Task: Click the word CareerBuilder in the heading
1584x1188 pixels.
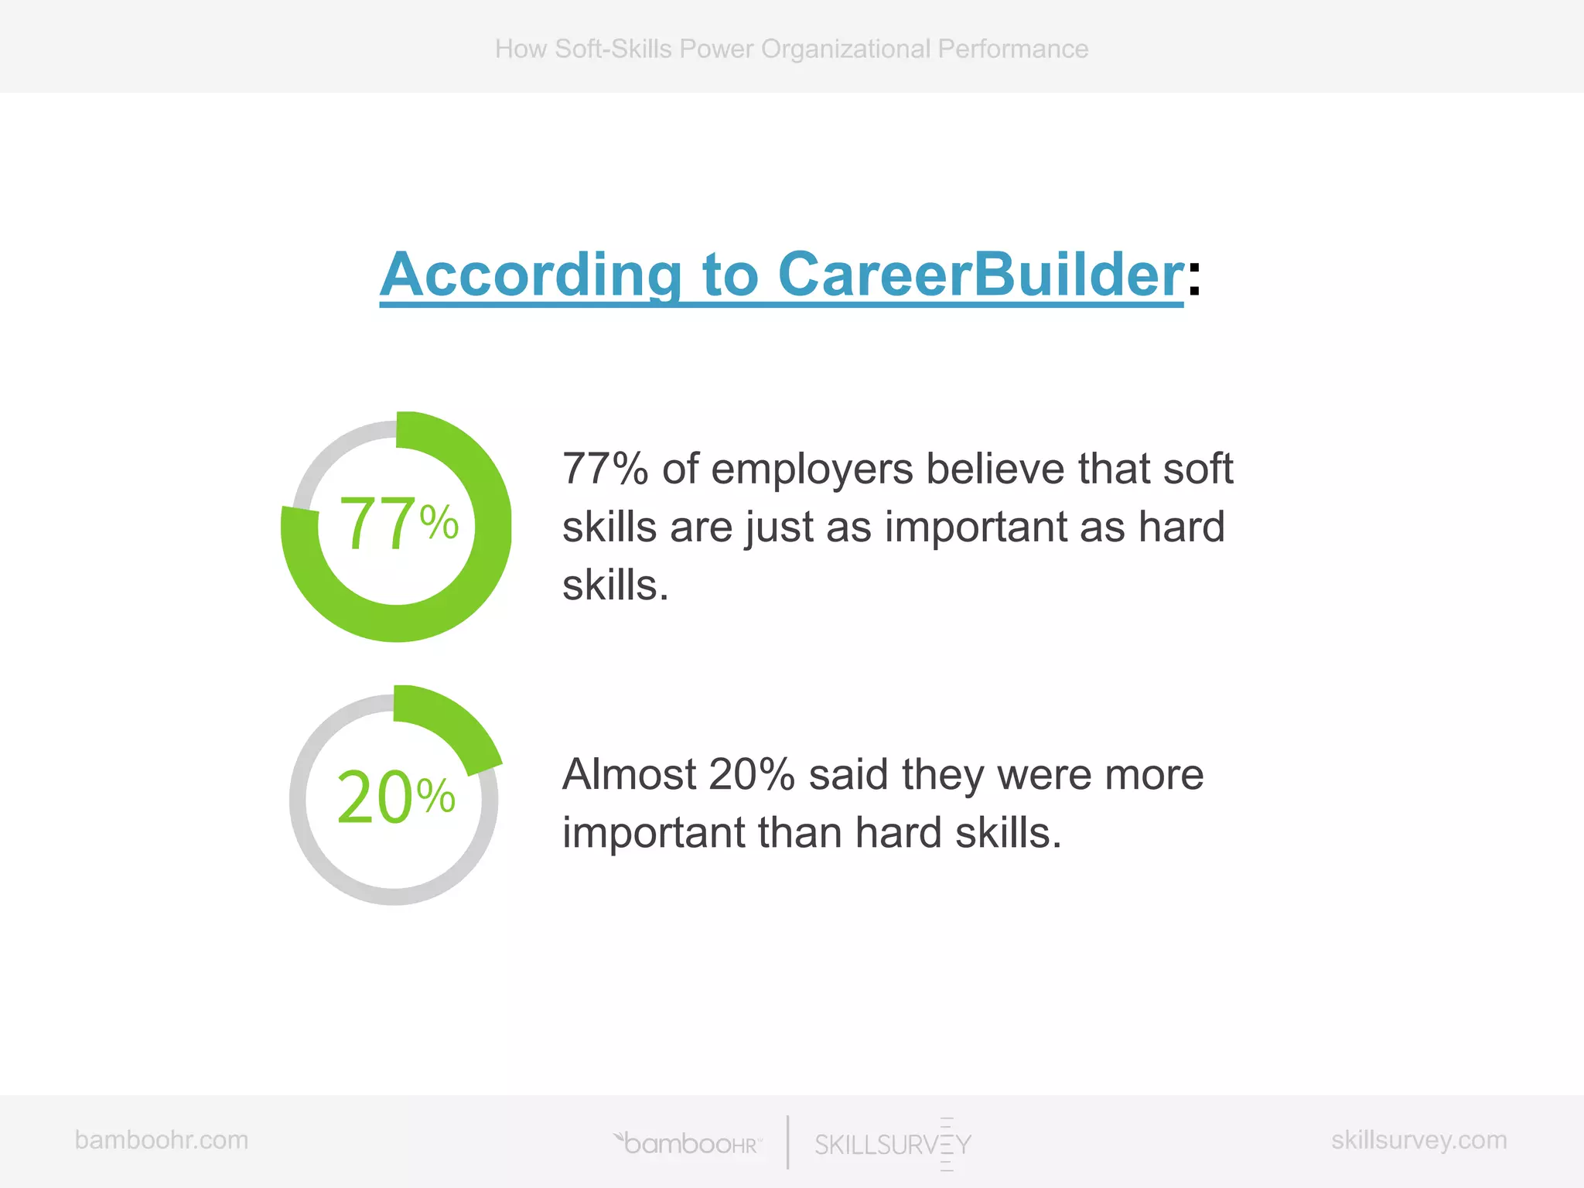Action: pyautogui.click(x=980, y=275)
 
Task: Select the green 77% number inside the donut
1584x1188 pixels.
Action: pyautogui.click(x=398, y=524)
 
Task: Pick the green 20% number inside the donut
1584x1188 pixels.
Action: pyautogui.click(x=395, y=797)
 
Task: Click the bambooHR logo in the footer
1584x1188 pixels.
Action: pyautogui.click(x=688, y=1143)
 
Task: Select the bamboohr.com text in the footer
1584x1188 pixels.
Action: pyautogui.click(x=162, y=1140)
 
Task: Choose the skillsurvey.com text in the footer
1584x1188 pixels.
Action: pyautogui.click(x=1418, y=1140)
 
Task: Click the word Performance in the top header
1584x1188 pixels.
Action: pyautogui.click(x=1012, y=49)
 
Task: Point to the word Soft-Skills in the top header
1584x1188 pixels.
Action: pyautogui.click(x=613, y=49)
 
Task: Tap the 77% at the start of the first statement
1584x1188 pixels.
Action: pyautogui.click(x=605, y=469)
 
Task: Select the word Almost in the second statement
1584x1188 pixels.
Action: pyautogui.click(x=628, y=775)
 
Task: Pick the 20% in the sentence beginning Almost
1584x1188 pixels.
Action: pyautogui.click(x=751, y=775)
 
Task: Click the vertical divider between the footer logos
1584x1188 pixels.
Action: pyautogui.click(x=788, y=1142)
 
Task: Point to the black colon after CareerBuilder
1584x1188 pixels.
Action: pyautogui.click(x=1194, y=278)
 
